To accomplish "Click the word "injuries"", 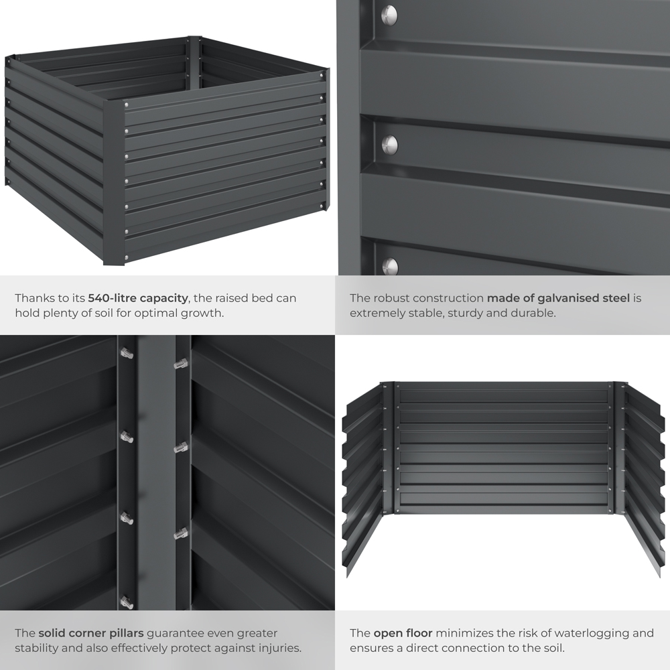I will pyautogui.click(x=275, y=648).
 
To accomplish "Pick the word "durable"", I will pyautogui.click(x=534, y=313).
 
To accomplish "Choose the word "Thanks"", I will pyautogui.click(x=34, y=298).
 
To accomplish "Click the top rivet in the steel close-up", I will pyautogui.click(x=389, y=14).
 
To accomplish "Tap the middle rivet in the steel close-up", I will pyautogui.click(x=389, y=143).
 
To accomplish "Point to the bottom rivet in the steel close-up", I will pyautogui.click(x=390, y=266).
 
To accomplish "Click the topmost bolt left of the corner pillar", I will pyautogui.click(x=127, y=353).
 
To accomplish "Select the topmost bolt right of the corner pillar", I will pyautogui.click(x=180, y=364).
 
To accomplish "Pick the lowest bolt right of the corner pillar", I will pyautogui.click(x=180, y=533).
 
